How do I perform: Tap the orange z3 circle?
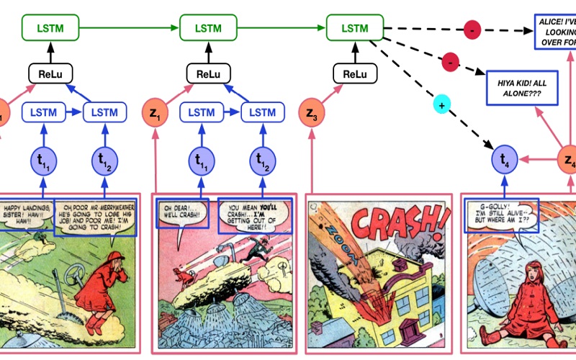pyautogui.click(x=311, y=113)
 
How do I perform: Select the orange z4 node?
pyautogui.click(x=570, y=160)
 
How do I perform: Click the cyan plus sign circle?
pyautogui.click(x=441, y=105)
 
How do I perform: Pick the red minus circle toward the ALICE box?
pyautogui.click(x=472, y=31)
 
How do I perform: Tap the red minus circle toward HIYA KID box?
pyautogui.click(x=451, y=62)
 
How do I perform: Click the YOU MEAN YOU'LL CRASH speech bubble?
pyautogui.click(x=255, y=215)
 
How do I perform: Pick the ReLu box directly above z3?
pyautogui.click(x=355, y=73)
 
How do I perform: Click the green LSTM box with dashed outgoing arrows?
pyautogui.click(x=355, y=29)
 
